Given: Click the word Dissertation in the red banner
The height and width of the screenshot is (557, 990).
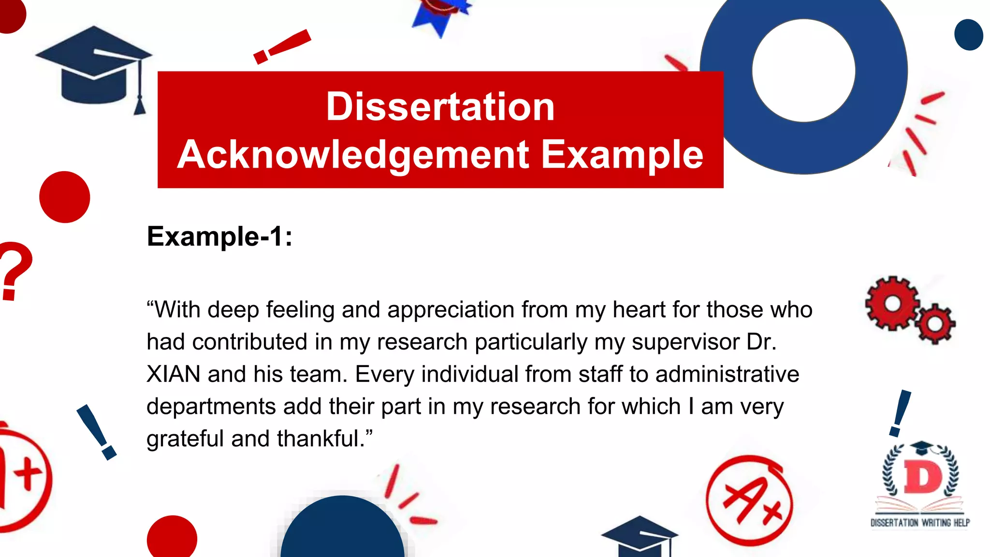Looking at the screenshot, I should pyautogui.click(x=440, y=107).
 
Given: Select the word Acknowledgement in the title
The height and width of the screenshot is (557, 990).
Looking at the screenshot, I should pyautogui.click(x=353, y=155).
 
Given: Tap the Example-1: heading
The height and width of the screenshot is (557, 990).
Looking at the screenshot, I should pyautogui.click(x=219, y=237).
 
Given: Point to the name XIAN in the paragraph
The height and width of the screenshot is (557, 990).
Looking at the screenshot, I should pyautogui.click(x=173, y=374).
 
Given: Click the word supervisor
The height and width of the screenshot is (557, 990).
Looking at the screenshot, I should pyautogui.click(x=685, y=342).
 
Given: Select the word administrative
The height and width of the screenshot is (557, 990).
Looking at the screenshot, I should pyautogui.click(x=727, y=374).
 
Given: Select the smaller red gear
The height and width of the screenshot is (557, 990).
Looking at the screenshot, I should pyautogui.click(x=935, y=323).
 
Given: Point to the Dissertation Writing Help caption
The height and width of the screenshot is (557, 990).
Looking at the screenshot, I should pyautogui.click(x=920, y=523).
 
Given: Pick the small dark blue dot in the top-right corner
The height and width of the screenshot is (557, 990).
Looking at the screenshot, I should pyautogui.click(x=968, y=35).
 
